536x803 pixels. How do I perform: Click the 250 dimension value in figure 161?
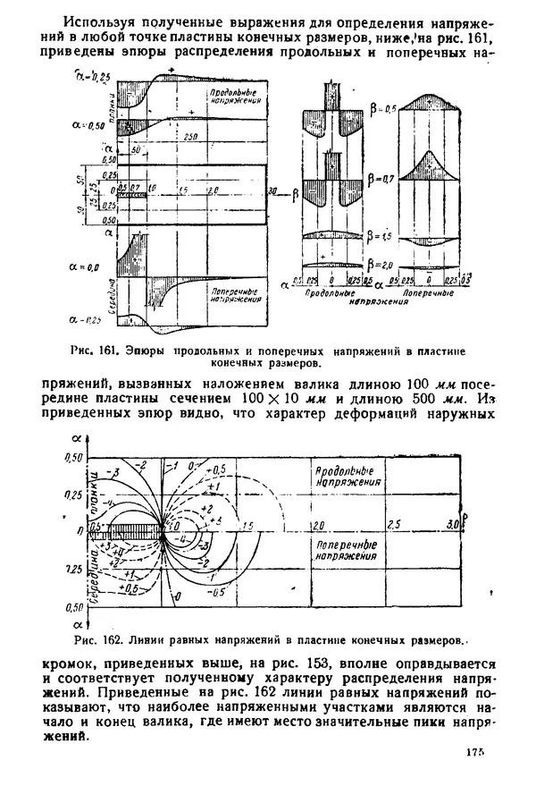(188, 136)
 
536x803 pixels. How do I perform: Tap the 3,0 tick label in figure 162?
(452, 523)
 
